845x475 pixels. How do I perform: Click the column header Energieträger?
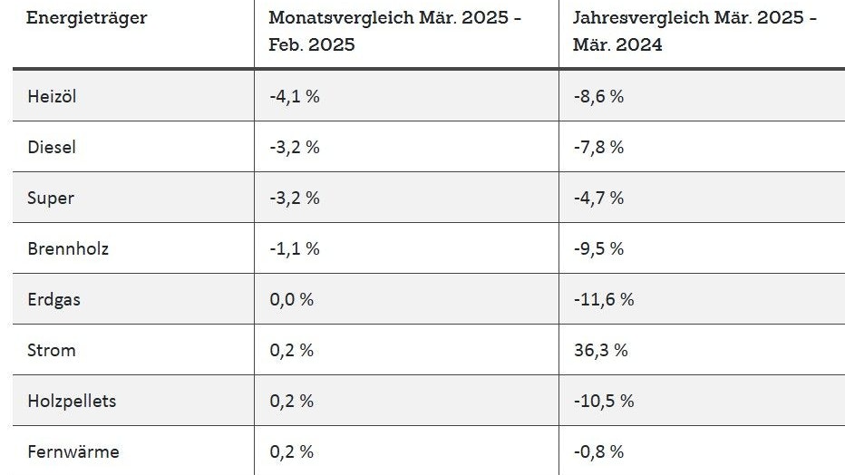tap(86, 18)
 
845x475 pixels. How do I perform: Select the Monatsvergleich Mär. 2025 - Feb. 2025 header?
tap(395, 32)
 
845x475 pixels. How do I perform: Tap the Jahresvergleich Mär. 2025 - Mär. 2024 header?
tap(694, 32)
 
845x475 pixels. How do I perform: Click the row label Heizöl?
tap(52, 96)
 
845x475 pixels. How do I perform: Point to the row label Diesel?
tap(53, 147)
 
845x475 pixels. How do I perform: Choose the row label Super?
tap(51, 198)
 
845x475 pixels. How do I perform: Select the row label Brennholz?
tap(67, 248)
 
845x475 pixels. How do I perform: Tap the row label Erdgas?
tap(53, 299)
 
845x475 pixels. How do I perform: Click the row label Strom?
tap(51, 350)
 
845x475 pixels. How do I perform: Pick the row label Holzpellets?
tap(72, 401)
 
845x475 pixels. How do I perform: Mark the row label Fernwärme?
tap(73, 451)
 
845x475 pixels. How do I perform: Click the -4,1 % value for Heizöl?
tap(294, 96)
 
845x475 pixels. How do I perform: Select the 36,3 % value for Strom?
tap(600, 350)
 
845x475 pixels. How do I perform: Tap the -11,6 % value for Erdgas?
tap(604, 299)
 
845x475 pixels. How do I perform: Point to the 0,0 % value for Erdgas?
tap(291, 299)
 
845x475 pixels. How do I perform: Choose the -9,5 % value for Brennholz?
tap(598, 248)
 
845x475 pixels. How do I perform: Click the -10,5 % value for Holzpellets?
tap(604, 401)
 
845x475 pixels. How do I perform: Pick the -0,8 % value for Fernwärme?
tap(598, 451)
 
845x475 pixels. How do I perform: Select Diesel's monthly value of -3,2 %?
tap(294, 147)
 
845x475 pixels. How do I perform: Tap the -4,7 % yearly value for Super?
tap(598, 198)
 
